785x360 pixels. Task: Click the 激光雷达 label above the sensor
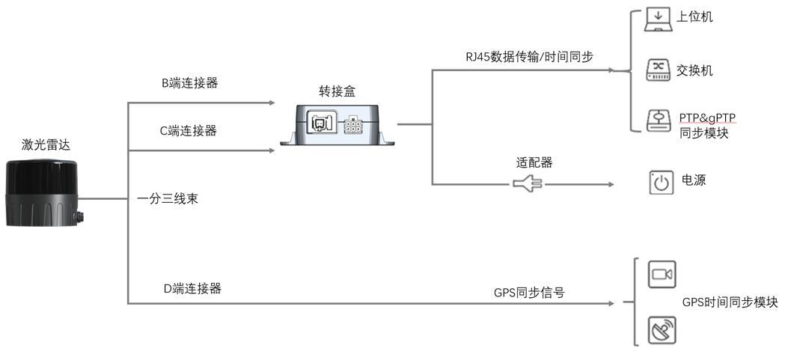(x=46, y=145)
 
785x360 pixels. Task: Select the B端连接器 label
(x=190, y=83)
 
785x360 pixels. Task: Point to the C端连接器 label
(x=189, y=131)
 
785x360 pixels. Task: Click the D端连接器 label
(x=193, y=288)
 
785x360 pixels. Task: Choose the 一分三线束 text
(x=168, y=199)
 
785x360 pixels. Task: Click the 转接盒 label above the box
(x=337, y=91)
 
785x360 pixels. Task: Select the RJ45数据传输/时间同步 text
(x=528, y=57)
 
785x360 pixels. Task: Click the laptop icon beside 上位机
(x=658, y=19)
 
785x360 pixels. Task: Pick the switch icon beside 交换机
(x=659, y=70)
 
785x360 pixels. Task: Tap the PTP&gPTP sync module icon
(x=659, y=120)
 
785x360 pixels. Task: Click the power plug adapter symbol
(x=528, y=184)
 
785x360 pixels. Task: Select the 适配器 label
(x=534, y=162)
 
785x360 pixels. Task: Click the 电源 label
(x=694, y=180)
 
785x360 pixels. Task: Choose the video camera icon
(x=662, y=275)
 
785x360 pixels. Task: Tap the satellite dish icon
(x=662, y=331)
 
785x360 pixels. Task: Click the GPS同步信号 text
(x=529, y=293)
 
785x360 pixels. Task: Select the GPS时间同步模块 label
(x=730, y=302)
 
